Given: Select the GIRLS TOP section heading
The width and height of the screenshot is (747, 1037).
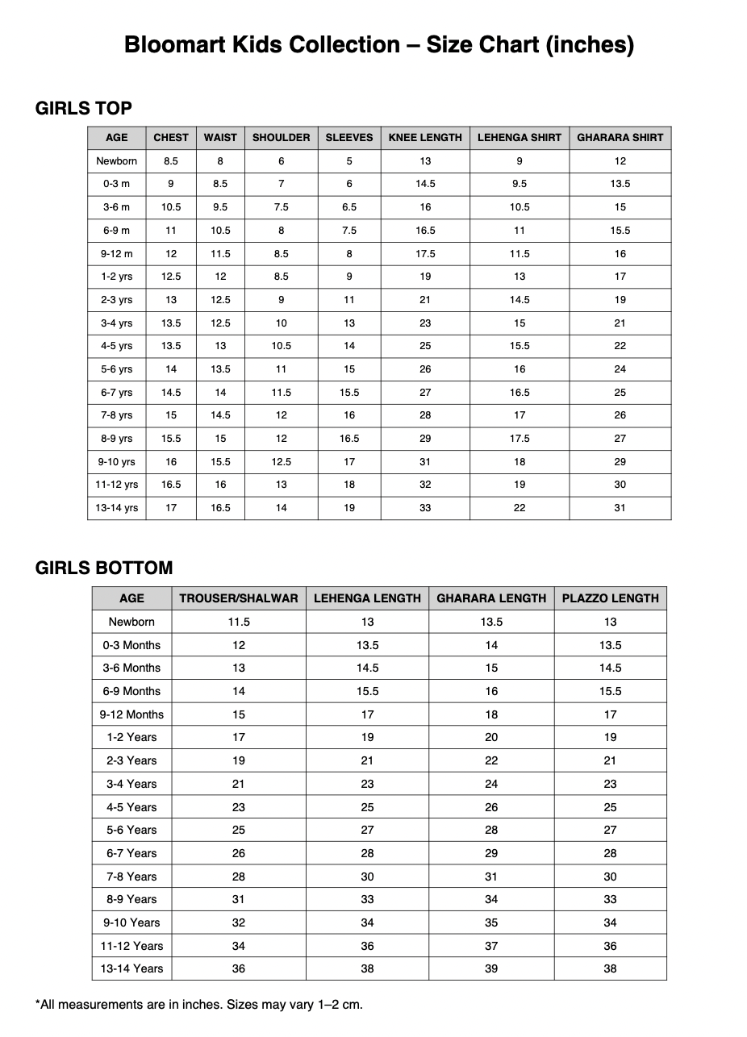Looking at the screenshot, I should point(84,108).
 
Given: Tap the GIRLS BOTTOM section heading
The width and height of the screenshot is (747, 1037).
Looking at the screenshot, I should point(104,568).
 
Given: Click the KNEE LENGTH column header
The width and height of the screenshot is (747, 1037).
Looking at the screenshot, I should point(425,138).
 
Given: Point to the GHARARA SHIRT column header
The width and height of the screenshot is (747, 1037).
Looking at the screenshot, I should point(620,138).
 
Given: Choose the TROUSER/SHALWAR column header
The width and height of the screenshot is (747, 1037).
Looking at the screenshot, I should point(239,598).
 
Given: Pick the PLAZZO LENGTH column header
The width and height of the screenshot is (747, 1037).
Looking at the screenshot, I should point(610,598).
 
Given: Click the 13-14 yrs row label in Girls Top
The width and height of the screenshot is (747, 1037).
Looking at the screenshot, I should point(118,508).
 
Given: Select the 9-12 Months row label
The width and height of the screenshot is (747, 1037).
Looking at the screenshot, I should point(131,714).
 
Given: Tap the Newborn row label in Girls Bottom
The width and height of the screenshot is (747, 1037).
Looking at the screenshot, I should point(131,622).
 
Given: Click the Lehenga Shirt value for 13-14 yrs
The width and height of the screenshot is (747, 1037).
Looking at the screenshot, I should point(520,508).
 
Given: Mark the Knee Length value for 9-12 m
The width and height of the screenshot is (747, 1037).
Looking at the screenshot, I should point(425,254).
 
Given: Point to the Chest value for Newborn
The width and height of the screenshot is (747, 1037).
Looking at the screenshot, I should point(171,161).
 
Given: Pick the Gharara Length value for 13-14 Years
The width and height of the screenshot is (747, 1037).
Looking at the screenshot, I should point(491,968).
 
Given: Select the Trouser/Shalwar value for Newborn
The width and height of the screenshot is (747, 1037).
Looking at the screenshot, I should point(239,622).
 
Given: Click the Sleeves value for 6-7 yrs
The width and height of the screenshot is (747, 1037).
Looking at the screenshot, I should point(349,393).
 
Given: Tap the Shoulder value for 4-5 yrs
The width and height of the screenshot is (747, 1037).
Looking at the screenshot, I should point(281,346).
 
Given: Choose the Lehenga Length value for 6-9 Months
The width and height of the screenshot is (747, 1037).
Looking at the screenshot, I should point(367,691).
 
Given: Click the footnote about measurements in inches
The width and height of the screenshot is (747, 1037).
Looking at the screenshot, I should point(199,1005).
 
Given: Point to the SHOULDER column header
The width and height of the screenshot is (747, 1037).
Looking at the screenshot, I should point(281,138).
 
